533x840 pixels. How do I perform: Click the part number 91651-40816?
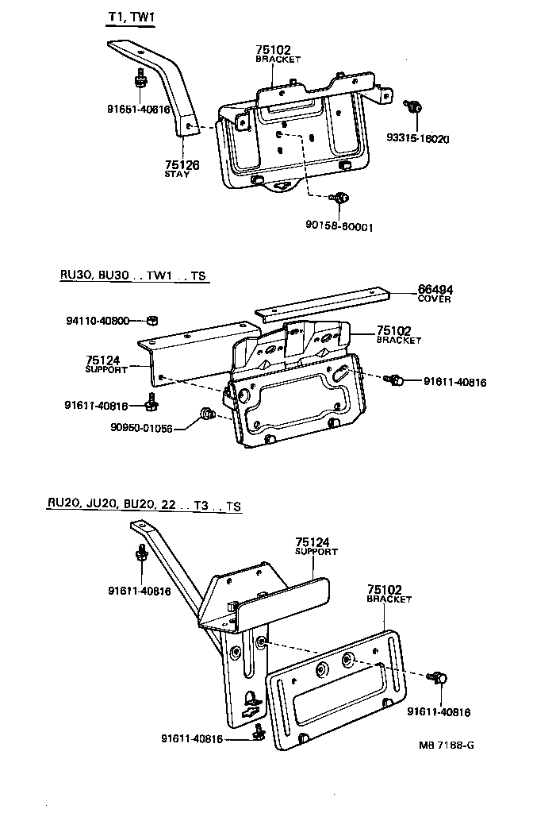click(139, 110)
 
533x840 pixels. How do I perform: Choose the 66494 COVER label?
click(435, 293)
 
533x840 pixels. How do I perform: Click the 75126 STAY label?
click(182, 168)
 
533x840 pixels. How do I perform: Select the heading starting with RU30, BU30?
click(132, 276)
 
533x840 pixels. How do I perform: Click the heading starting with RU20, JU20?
click(144, 505)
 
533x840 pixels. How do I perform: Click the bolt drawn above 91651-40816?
click(140, 79)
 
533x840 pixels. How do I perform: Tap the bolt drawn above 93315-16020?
click(413, 106)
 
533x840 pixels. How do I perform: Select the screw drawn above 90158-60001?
click(340, 198)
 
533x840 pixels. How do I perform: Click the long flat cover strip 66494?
click(325, 303)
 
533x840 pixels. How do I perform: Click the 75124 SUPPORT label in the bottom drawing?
click(316, 545)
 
